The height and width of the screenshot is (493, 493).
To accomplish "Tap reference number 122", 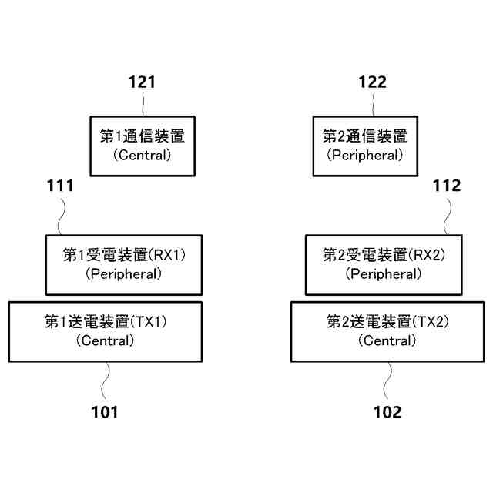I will (x=372, y=82).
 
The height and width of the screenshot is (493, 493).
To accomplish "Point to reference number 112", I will (x=447, y=186).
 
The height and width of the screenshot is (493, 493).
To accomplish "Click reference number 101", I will (x=104, y=412).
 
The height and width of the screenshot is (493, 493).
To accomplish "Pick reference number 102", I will (x=387, y=412).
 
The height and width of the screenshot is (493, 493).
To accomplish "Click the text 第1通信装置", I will (x=142, y=136).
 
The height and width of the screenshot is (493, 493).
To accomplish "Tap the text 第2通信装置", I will (x=364, y=136).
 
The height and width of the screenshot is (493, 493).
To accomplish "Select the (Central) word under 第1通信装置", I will (x=142, y=155).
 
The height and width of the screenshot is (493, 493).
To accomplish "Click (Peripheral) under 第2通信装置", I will (x=364, y=155).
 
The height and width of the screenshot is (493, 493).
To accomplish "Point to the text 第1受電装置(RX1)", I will (x=124, y=254).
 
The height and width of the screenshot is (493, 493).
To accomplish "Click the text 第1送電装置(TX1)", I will (x=106, y=321).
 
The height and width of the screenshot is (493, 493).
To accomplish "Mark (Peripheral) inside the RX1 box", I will (x=124, y=273).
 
